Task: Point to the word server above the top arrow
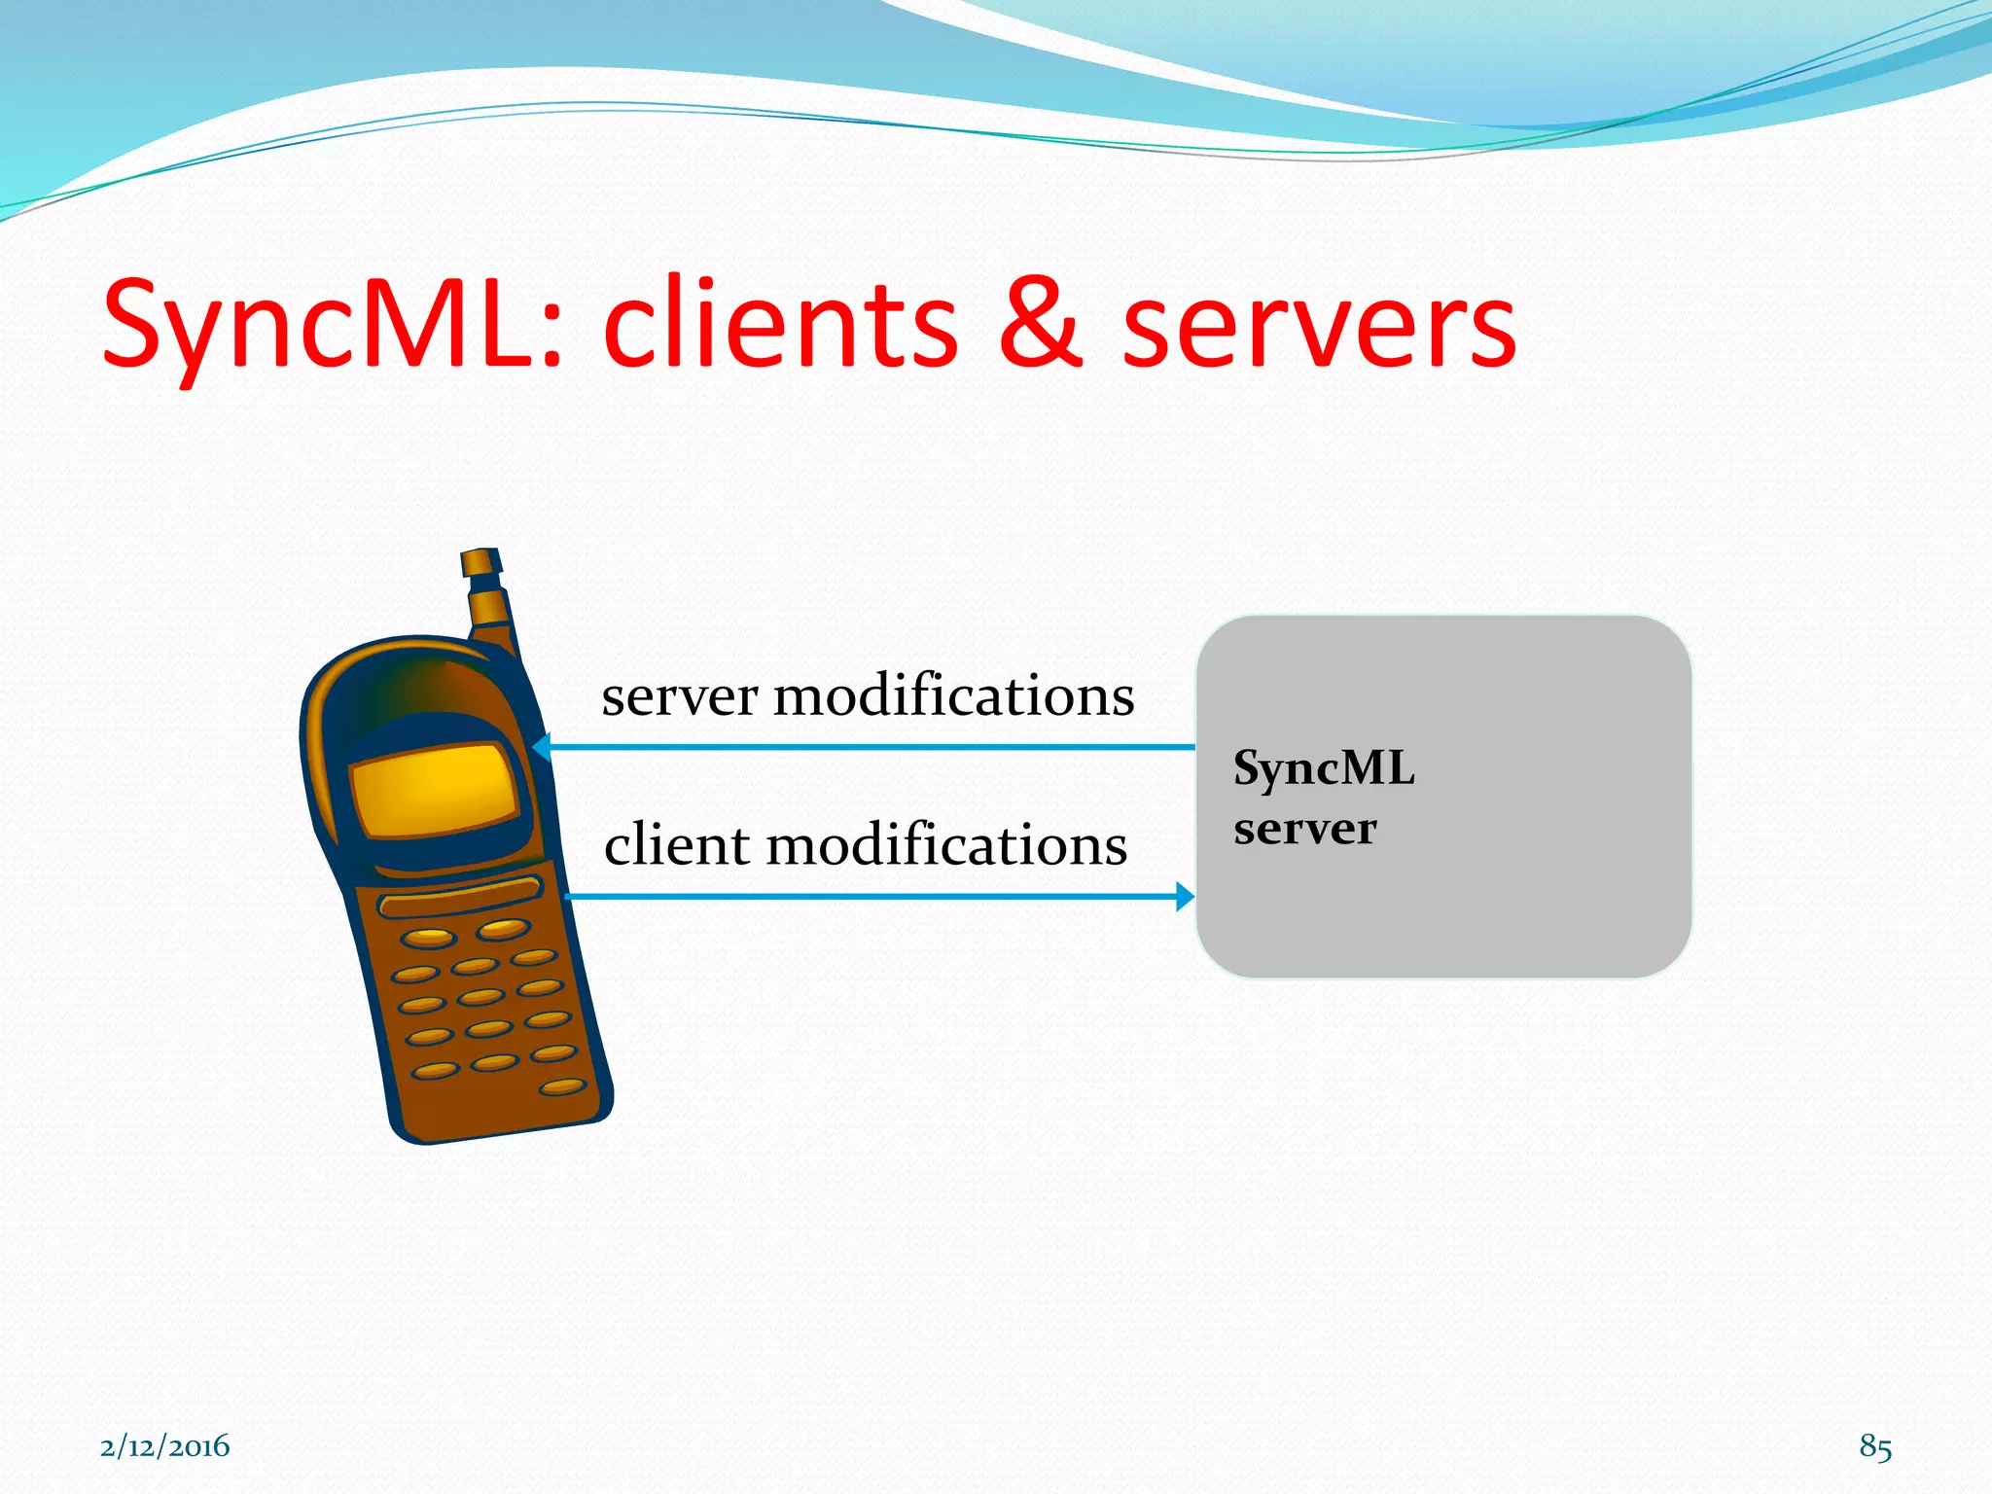point(679,697)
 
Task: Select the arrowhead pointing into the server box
point(1185,896)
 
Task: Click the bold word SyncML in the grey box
point(1323,768)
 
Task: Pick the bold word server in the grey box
point(1304,829)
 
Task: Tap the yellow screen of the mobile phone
point(433,788)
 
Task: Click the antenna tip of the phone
point(480,562)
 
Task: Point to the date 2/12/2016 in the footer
point(164,1446)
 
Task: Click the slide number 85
point(1874,1446)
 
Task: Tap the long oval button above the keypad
point(460,897)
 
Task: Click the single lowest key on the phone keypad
point(562,1086)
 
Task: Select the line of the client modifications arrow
point(875,896)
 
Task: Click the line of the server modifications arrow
point(875,747)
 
